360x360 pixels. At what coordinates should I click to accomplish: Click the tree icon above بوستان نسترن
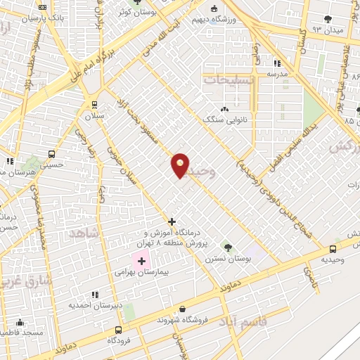click(227, 247)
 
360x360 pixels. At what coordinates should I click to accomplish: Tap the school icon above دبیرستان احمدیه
click(95, 295)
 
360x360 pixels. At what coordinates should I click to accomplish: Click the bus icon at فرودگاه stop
click(118, 330)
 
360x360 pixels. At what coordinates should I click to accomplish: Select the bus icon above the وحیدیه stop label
click(333, 248)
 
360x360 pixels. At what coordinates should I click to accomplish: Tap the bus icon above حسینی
click(52, 154)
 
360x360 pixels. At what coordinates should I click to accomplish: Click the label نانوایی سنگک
click(224, 120)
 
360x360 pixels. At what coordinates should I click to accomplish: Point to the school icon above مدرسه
click(277, 63)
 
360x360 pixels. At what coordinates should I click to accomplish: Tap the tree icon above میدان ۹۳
click(327, 19)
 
